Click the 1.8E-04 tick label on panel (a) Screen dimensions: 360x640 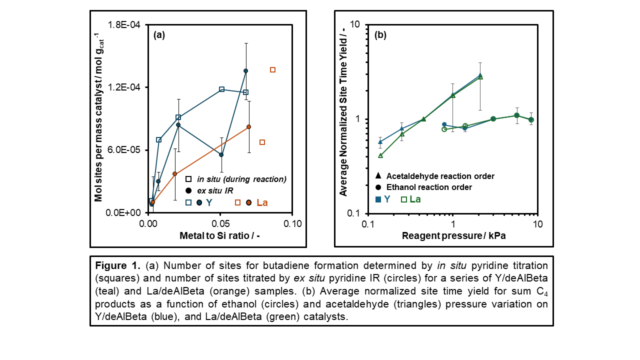coord(125,25)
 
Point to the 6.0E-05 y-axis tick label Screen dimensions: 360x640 coord(125,150)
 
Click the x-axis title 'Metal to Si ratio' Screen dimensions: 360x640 coord(219,235)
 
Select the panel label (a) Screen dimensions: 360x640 coord(159,35)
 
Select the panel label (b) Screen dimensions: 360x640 coord(380,35)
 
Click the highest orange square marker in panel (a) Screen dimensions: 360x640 coord(272,69)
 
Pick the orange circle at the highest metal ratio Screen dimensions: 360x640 coord(248,127)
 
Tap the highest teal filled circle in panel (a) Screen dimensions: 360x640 coord(245,71)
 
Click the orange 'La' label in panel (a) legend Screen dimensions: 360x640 coord(262,202)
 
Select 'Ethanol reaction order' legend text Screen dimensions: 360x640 coord(429,187)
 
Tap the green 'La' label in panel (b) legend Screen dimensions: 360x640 coord(415,199)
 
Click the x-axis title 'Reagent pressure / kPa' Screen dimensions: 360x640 coord(453,235)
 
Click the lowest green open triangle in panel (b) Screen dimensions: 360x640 coord(380,155)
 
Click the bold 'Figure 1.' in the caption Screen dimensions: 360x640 coord(114,265)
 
